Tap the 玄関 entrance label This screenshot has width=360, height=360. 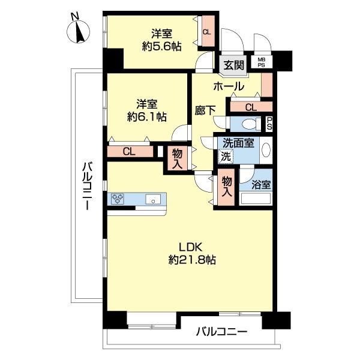pos(234,65)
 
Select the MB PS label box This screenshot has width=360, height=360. pos(261,62)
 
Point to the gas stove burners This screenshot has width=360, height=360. pos(118,199)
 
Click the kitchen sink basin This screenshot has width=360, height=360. pos(153,199)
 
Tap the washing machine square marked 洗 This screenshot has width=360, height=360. pos(226,157)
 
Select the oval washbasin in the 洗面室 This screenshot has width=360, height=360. pos(266,150)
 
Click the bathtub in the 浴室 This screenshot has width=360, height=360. pos(256,199)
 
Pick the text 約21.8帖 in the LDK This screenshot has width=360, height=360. pos(192,260)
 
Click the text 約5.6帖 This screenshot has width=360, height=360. pos(161,47)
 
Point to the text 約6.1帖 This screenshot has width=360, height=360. pos(147,116)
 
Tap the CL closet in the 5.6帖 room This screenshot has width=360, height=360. pos(208,31)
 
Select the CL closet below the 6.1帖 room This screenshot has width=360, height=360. pos(130,152)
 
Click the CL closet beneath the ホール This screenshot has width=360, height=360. pos(251,107)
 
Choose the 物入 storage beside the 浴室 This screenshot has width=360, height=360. pos(226,187)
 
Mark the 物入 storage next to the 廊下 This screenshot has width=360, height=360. pos(177,158)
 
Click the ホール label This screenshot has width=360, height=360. pos(229,86)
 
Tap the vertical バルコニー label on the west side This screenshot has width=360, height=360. pos(88,185)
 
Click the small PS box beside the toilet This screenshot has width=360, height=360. pos(269,124)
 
